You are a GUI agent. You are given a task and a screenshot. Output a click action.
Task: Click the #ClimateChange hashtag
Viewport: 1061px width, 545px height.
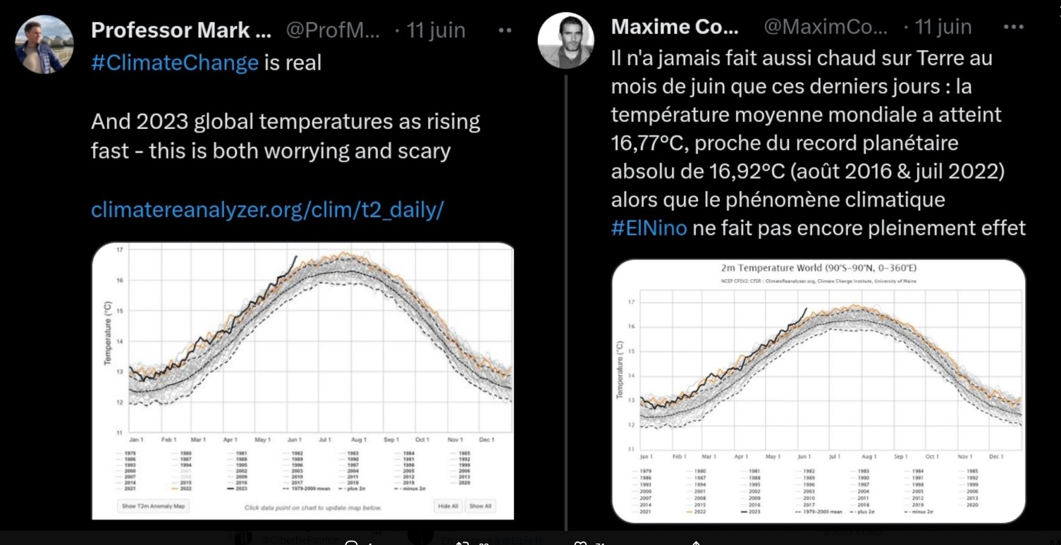[x=174, y=63]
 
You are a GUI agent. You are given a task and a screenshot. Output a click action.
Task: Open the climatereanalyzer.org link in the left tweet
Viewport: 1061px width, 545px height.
[x=267, y=209]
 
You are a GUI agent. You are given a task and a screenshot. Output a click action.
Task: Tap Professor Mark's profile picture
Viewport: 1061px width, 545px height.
[x=44, y=44]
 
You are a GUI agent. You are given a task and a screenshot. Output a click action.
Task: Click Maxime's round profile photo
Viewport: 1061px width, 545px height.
[x=565, y=40]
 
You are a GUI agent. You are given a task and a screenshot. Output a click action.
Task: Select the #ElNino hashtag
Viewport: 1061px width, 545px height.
[x=649, y=228]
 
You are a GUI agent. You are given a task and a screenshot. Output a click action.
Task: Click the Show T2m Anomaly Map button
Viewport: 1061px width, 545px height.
[x=153, y=506]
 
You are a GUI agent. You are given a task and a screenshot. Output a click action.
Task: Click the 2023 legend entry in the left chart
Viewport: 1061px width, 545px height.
[x=238, y=488]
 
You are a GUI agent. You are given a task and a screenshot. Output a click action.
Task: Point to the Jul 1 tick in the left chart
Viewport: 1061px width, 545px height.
[x=324, y=439]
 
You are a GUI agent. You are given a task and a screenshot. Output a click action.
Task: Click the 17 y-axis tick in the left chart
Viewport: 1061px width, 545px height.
[x=120, y=250]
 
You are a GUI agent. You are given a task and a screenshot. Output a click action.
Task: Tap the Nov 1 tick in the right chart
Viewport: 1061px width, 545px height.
[x=964, y=456]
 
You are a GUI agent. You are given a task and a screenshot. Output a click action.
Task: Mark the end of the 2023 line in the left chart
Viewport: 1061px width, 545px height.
[x=297, y=257]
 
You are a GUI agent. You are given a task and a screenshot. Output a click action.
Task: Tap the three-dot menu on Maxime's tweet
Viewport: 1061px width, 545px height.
[x=1013, y=27]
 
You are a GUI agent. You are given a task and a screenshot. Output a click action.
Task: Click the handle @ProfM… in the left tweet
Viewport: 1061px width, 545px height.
[x=333, y=30]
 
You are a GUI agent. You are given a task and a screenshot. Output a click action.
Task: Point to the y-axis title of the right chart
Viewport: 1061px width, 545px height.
[x=620, y=369]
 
